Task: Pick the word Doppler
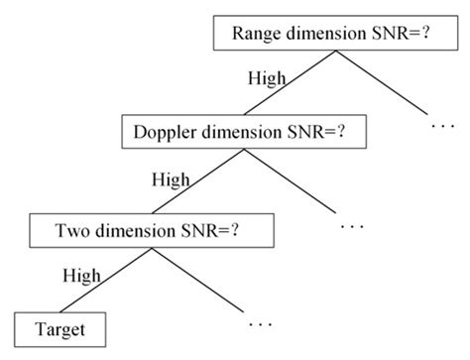[x=167, y=131]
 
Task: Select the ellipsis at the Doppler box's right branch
[x=352, y=227]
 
